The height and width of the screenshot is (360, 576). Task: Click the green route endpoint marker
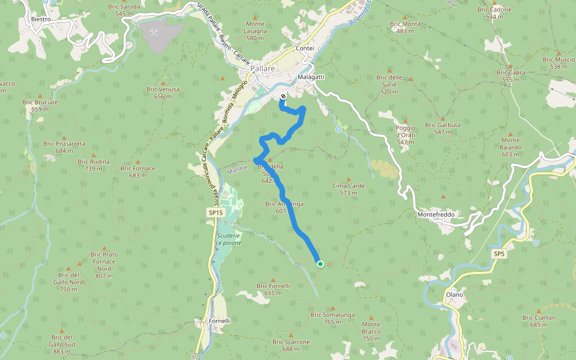pyautogui.click(x=320, y=263)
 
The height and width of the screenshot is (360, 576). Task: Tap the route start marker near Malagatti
pyautogui.click(x=283, y=95)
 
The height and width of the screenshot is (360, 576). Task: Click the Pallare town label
pyautogui.click(x=263, y=69)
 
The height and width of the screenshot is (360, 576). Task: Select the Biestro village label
pyautogui.click(x=40, y=19)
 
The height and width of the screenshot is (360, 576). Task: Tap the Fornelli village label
pyautogui.click(x=220, y=321)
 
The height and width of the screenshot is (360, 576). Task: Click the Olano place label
pyautogui.click(x=454, y=295)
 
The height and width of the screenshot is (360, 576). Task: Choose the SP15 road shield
pyautogui.click(x=215, y=213)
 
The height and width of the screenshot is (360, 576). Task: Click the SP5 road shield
pyautogui.click(x=499, y=254)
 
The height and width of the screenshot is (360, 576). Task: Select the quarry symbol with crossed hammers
pyautogui.click(x=154, y=32)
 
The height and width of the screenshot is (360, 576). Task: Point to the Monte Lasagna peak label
pyautogui.click(x=255, y=31)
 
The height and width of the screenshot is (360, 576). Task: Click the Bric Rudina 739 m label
pyautogui.click(x=94, y=165)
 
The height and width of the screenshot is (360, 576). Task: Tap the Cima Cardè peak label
pyautogui.click(x=349, y=189)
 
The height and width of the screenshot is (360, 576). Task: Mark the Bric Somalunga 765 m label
pyautogui.click(x=332, y=318)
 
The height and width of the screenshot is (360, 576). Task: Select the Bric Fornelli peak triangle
pyautogui.click(x=273, y=280)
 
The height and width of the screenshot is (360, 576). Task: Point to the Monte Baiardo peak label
pyautogui.click(x=511, y=151)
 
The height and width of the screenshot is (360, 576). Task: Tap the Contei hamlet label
pyautogui.click(x=305, y=48)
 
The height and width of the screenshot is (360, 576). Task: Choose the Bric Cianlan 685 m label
pyautogui.click(x=538, y=321)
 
